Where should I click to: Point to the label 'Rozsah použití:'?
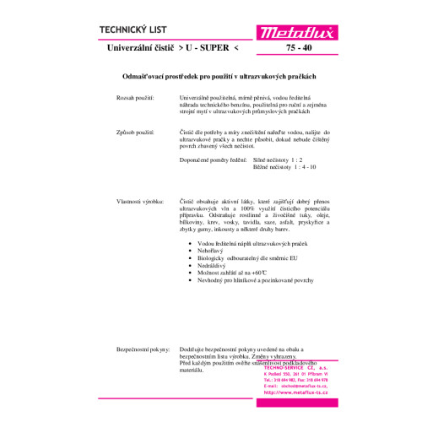135,99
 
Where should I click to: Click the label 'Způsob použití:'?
135,133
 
